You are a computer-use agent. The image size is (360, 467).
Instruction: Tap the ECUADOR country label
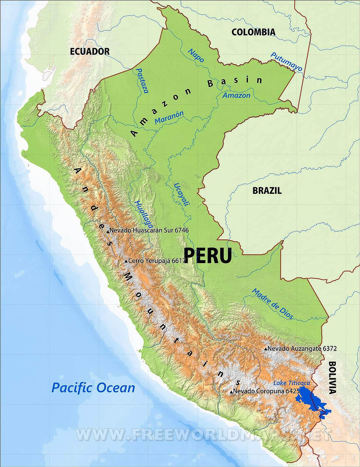(90, 51)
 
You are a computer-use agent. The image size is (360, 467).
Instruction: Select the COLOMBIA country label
(253, 32)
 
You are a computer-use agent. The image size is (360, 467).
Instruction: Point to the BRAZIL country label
(267, 190)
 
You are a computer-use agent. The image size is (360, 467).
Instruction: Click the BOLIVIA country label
(332, 377)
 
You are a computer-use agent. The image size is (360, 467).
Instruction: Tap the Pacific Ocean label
(93, 387)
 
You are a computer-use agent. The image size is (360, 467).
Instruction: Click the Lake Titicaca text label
(292, 383)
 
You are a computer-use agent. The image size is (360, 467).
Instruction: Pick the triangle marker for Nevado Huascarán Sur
(108, 231)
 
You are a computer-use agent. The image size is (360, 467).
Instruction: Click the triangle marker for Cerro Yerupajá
(126, 261)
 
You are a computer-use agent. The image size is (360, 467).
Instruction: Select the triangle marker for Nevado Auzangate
(266, 349)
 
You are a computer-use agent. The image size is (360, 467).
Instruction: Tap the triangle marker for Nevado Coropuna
(231, 392)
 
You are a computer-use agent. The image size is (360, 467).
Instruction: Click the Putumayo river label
(286, 62)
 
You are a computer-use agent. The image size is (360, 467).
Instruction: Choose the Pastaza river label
(142, 81)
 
